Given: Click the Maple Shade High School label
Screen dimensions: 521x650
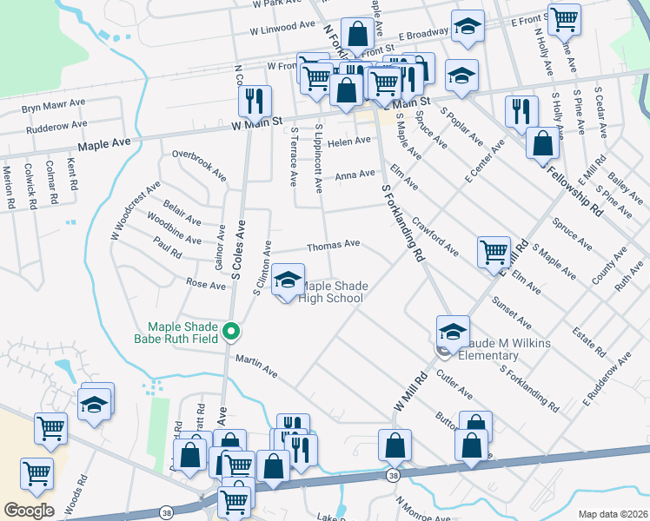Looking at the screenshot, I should coord(332,293).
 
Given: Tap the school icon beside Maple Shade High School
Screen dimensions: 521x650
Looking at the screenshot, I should coord(288,280).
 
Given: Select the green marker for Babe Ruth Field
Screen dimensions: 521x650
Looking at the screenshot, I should coord(231,331).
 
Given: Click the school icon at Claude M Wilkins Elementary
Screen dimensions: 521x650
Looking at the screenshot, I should coord(453,332).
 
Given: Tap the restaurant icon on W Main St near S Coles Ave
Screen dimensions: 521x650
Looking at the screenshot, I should coord(255,101).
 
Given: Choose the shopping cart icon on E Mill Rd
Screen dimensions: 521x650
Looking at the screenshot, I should coord(494,252).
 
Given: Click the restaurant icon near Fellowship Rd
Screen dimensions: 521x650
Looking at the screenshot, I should coord(521,111).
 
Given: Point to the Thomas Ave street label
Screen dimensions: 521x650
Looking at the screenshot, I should coord(333,246).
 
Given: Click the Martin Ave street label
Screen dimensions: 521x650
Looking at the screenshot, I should coord(255,366).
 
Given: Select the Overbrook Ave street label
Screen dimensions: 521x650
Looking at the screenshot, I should coord(199,167).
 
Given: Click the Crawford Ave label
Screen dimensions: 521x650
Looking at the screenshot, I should coord(435,236).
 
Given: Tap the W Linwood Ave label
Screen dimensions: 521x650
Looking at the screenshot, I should coord(282,29).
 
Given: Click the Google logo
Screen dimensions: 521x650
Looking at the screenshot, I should coord(29,510).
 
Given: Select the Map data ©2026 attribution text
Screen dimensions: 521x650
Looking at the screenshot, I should coord(613,514).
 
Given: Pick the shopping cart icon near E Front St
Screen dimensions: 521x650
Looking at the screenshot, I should coord(565,18).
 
